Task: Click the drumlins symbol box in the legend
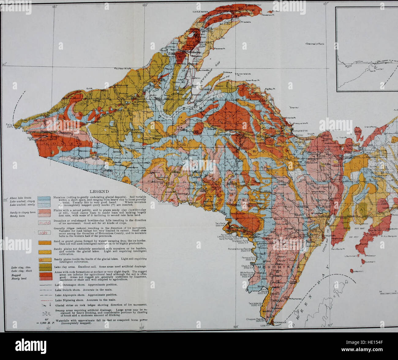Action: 44,223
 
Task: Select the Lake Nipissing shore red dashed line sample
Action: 45,301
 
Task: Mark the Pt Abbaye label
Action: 228,72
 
